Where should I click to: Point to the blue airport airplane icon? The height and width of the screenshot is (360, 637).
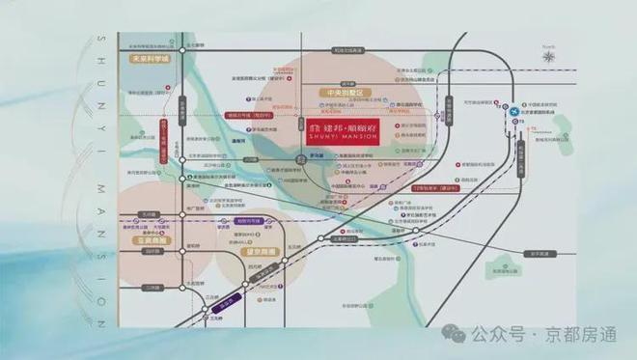coord(514,111)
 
